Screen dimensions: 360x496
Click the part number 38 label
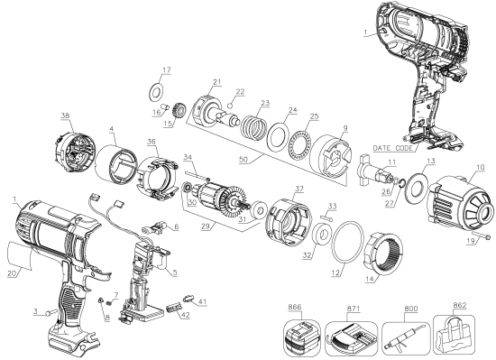(40, 117)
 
